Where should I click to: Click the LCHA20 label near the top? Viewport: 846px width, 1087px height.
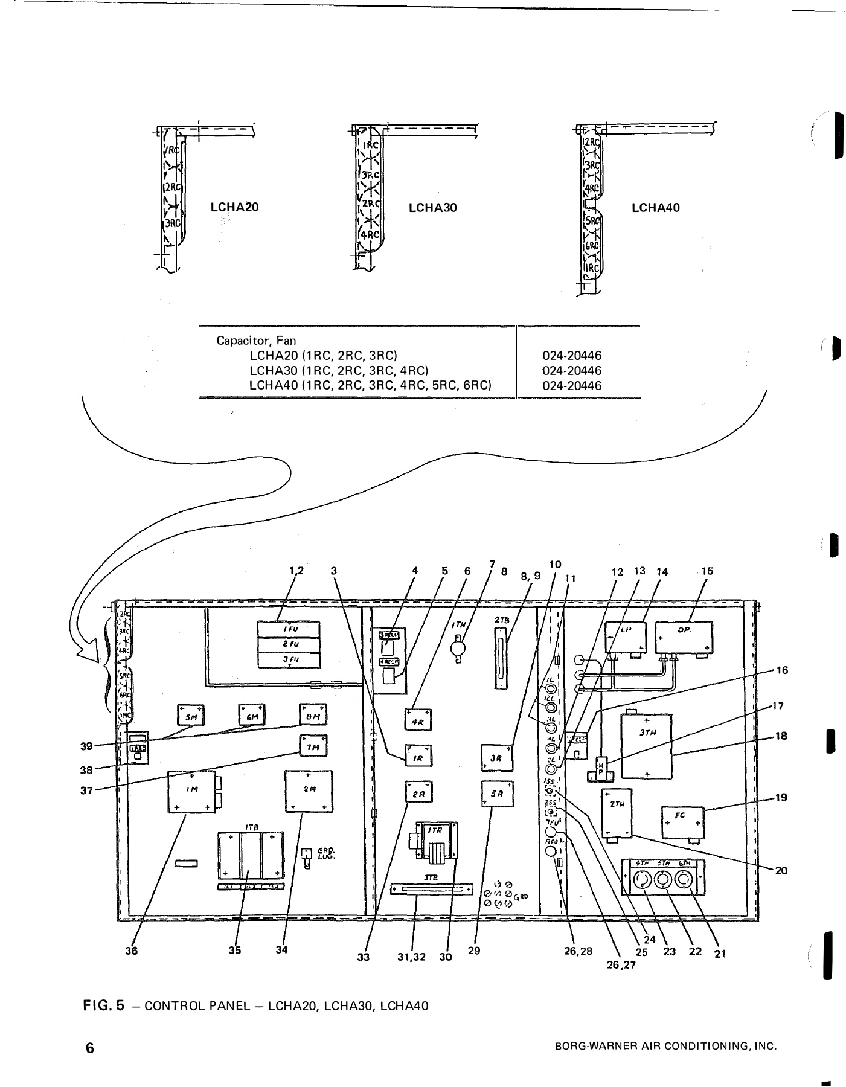coord(234,207)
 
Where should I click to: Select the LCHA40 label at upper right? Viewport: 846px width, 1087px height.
coord(655,208)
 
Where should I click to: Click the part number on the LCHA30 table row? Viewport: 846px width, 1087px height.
coord(571,371)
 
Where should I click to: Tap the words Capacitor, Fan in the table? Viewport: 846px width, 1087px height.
coord(256,341)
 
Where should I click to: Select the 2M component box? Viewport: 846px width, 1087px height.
coord(308,790)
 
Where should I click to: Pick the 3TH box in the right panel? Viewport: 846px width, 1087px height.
coord(647,746)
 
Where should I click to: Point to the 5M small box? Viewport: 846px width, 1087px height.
coord(191,717)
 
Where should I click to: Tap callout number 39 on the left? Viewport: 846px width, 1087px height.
coord(87,746)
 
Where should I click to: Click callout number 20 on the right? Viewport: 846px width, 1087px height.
coord(781,870)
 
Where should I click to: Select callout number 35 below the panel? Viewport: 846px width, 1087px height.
coord(234,950)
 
